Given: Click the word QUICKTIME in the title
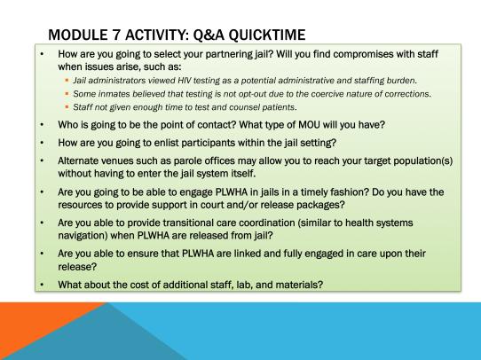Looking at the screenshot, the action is click(267, 35).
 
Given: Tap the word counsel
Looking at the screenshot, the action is click(241, 107).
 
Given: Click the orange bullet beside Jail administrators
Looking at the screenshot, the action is click(67, 81).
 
